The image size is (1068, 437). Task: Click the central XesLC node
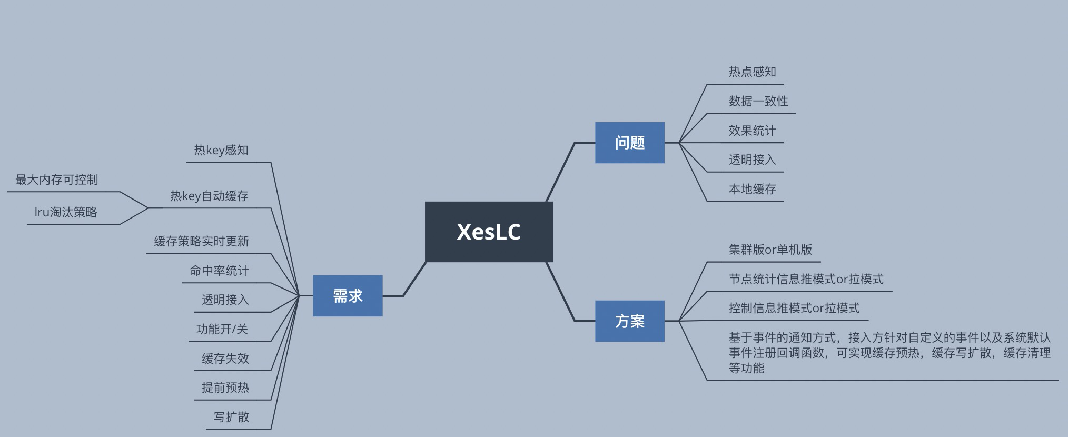click(x=489, y=232)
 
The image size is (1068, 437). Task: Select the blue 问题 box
click(x=629, y=143)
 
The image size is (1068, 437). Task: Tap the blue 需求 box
click(x=348, y=296)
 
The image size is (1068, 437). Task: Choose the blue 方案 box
click(x=629, y=321)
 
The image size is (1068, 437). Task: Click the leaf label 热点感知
click(x=752, y=72)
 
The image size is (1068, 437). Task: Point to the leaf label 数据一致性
click(x=758, y=101)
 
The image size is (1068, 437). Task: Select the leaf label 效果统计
click(x=752, y=131)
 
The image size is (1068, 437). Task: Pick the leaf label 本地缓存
click(x=752, y=189)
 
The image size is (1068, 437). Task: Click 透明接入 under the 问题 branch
click(x=752, y=160)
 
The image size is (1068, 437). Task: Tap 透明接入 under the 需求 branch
click(x=225, y=300)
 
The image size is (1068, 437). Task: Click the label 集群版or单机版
click(x=770, y=250)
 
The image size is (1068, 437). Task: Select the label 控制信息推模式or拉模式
click(x=794, y=308)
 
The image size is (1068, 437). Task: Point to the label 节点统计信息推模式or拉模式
click(x=806, y=279)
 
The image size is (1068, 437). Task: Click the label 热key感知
click(x=221, y=150)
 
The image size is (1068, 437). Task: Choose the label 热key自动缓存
click(x=209, y=196)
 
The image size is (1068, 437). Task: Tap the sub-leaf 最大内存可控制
click(x=56, y=180)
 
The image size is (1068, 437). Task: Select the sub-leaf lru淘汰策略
click(x=66, y=212)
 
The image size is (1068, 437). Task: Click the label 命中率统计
click(x=219, y=271)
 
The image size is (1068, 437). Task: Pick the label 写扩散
click(x=231, y=417)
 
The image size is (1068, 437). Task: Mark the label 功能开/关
click(x=222, y=329)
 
